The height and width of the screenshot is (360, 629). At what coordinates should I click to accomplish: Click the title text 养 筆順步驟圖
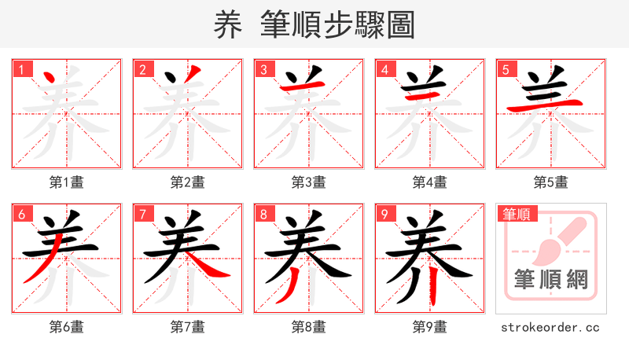pyautogui.click(x=314, y=24)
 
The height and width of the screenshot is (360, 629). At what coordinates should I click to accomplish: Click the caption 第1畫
pyautogui.click(x=67, y=182)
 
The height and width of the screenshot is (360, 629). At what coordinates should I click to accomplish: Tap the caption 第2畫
pyautogui.click(x=188, y=182)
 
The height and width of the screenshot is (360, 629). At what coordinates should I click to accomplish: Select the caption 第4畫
pyautogui.click(x=430, y=182)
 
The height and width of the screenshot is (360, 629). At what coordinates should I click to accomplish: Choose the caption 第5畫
pyautogui.click(x=551, y=182)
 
